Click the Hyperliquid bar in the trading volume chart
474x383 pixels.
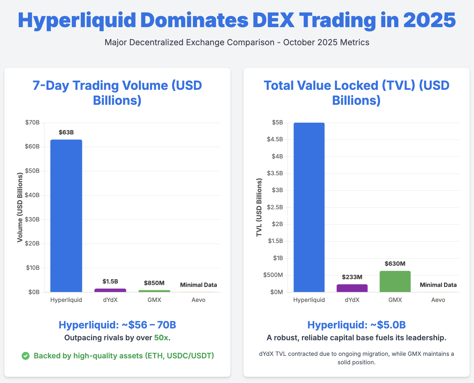coord(66,216)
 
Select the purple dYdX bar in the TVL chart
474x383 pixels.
coord(352,288)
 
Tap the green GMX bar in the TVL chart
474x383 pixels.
coord(395,281)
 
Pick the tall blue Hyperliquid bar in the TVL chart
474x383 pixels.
coord(309,207)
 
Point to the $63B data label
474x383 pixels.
coord(66,133)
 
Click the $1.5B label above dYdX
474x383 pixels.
coord(110,282)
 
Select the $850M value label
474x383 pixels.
coord(154,283)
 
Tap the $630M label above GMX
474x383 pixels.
coord(395,264)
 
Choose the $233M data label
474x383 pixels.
coord(352,277)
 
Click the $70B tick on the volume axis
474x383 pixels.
coord(32,123)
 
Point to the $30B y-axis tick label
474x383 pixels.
coord(32,220)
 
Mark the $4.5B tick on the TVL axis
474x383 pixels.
coord(275,139)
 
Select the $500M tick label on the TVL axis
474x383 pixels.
coord(273,275)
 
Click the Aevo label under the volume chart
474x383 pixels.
coord(198,300)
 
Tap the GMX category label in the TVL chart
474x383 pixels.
coord(395,300)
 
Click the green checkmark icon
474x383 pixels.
coord(26,356)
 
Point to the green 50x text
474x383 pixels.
coord(161,338)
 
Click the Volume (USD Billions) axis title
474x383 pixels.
coord(20,207)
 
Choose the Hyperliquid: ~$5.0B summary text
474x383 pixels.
coord(356,325)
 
